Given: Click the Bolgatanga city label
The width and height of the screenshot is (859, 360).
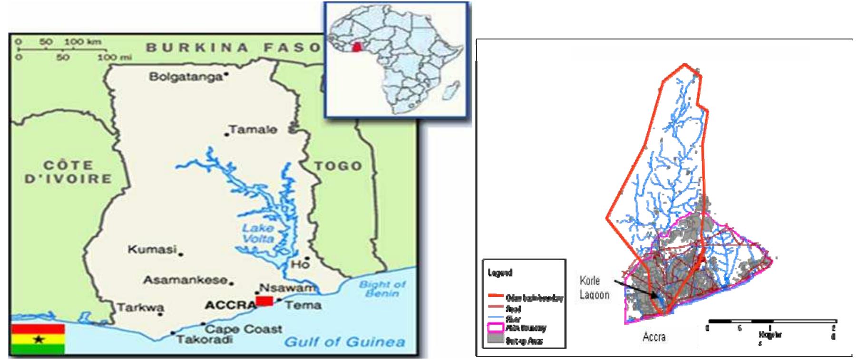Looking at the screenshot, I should [x=186, y=77].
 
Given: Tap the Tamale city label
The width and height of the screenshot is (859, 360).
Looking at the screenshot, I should [x=253, y=129].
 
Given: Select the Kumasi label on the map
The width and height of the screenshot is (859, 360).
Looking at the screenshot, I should [x=152, y=249].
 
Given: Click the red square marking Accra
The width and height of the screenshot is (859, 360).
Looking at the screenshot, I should [x=264, y=301].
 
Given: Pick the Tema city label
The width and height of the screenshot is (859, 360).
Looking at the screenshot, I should [x=303, y=305].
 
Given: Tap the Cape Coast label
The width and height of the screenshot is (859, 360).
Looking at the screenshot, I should [x=244, y=329].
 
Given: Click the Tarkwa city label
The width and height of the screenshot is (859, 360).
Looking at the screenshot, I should [x=140, y=307].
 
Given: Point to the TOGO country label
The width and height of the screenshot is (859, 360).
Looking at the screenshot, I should [x=338, y=166].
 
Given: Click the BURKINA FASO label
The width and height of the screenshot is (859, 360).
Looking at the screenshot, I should [x=233, y=47].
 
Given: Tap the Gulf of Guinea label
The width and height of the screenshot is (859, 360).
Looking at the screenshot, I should [x=344, y=341].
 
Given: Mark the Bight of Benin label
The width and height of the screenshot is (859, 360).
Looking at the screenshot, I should [x=382, y=289].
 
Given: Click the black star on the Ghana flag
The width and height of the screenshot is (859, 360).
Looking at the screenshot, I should [x=39, y=340].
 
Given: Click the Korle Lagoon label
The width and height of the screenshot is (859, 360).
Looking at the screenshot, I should [x=594, y=288].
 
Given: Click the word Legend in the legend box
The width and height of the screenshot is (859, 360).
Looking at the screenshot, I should [x=499, y=273].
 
